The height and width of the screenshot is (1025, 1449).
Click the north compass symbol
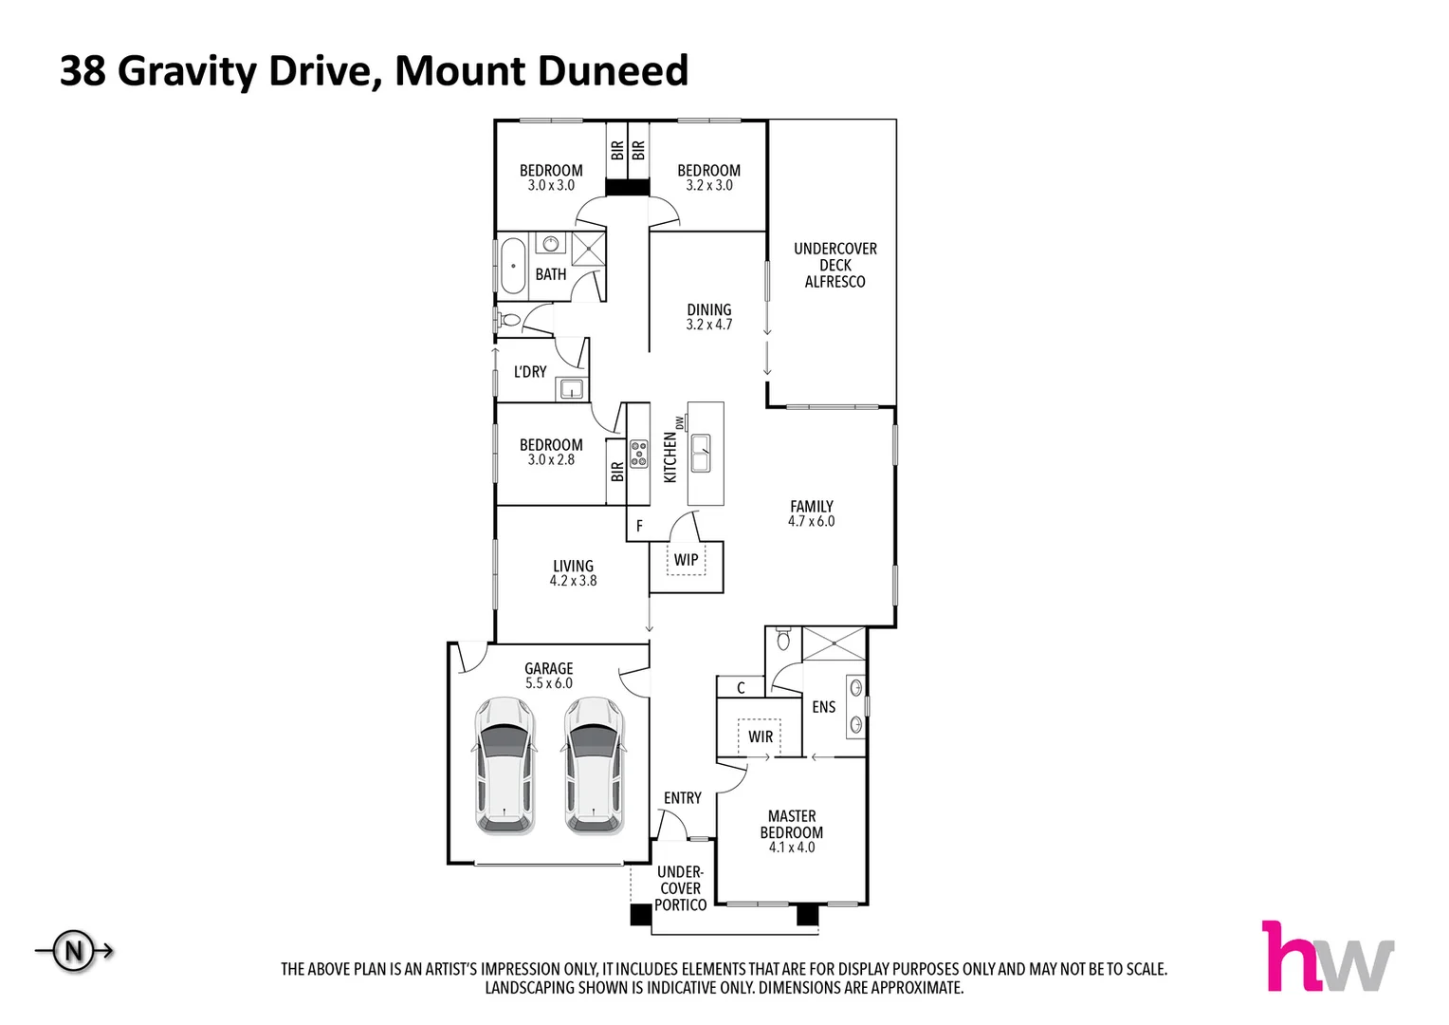point(74,950)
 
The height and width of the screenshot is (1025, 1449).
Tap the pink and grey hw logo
point(1327,957)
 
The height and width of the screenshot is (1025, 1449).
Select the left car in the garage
point(504,766)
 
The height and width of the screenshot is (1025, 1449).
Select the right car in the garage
point(595,766)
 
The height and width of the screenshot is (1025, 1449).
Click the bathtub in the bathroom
point(513,266)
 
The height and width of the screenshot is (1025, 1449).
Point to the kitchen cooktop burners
point(638,454)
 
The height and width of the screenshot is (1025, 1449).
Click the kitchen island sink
point(702,454)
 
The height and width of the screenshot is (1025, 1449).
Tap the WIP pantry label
point(686,560)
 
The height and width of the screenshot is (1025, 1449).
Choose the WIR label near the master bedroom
point(761,736)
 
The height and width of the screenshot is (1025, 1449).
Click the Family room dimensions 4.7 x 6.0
point(812,522)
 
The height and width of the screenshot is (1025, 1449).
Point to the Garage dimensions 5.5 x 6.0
point(549,683)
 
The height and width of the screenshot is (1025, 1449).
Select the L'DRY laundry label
point(530,372)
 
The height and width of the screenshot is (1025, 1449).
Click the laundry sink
point(571,388)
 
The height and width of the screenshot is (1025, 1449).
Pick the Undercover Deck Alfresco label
point(835,265)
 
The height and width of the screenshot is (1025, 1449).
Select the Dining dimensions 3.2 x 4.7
point(709,325)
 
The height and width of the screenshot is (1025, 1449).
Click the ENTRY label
point(683,798)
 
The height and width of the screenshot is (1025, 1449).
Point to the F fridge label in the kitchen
point(639,526)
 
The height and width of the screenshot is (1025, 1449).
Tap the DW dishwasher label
point(679,422)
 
